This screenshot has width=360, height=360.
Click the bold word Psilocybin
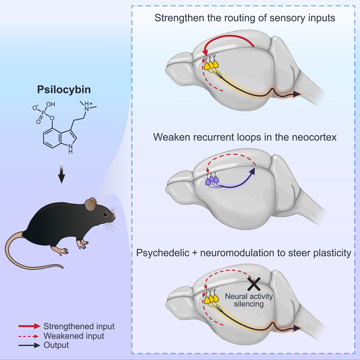click(x=62, y=90)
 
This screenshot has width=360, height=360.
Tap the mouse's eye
click(x=106, y=214)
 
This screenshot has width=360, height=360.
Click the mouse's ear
click(x=91, y=205)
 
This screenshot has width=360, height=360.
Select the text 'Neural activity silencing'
click(x=249, y=300)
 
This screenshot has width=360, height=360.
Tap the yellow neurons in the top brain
click(x=211, y=65)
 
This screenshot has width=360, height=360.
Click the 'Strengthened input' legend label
click(x=79, y=326)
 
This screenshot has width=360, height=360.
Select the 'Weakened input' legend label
click(x=74, y=336)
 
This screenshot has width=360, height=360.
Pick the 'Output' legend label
click(x=56, y=345)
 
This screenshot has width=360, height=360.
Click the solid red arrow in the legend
click(x=29, y=326)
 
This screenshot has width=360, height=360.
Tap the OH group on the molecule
click(x=51, y=104)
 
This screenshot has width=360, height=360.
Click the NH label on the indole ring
click(x=70, y=149)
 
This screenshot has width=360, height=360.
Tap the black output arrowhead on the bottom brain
click(x=297, y=328)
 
